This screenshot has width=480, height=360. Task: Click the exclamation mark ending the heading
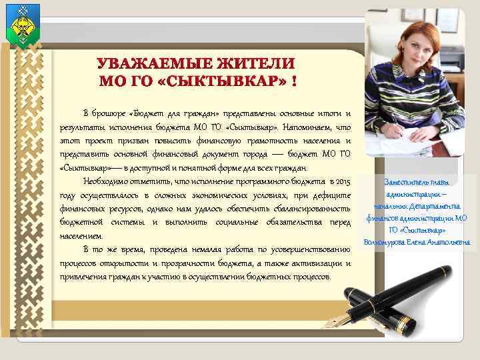294,81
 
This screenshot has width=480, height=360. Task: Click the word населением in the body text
81,236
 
